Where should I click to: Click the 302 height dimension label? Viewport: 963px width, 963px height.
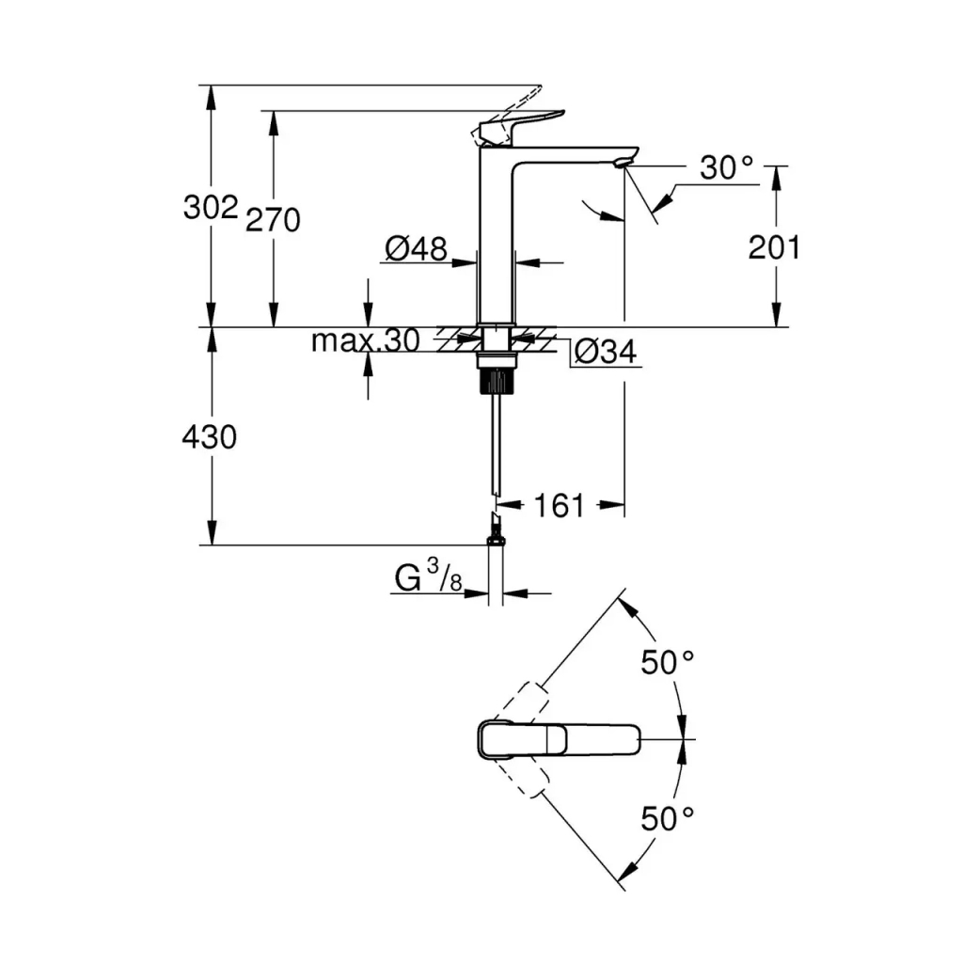(x=210, y=207)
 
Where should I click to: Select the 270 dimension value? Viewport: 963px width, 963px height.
(x=273, y=220)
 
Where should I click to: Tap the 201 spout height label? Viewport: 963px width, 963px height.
(x=774, y=247)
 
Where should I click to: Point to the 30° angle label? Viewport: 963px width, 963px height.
(x=727, y=168)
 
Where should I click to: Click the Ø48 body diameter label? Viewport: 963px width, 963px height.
(x=416, y=249)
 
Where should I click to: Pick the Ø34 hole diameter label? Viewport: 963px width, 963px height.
(x=605, y=352)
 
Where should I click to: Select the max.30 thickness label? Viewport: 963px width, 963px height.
(x=366, y=340)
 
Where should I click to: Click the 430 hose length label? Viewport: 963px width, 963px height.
(x=210, y=436)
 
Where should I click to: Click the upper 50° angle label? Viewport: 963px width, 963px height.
(x=668, y=662)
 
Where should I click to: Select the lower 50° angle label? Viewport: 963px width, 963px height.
(x=668, y=818)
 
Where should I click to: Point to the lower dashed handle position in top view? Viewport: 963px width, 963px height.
(x=523, y=777)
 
